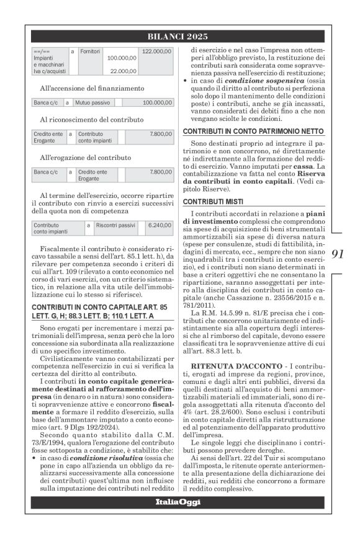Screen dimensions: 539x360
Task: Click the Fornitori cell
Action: (90, 50)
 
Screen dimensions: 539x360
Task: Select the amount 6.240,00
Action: (160, 225)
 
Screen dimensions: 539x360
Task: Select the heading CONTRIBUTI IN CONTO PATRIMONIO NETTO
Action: (253, 131)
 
